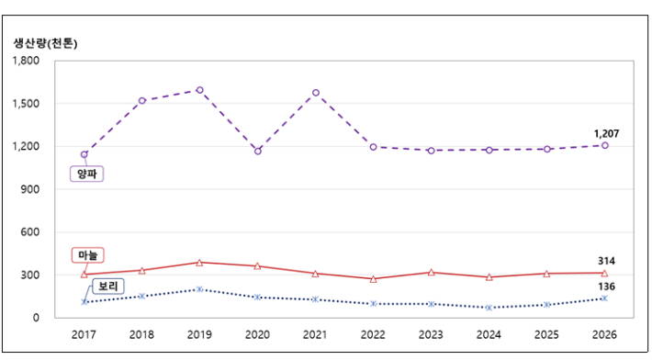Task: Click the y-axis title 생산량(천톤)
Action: point(45,43)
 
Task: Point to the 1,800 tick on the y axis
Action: point(26,61)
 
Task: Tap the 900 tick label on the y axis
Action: point(29,189)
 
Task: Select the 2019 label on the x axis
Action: point(199,334)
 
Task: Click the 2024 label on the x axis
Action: point(489,334)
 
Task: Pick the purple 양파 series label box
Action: point(86,174)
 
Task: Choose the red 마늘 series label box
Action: point(88,255)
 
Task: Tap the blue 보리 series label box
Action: point(108,287)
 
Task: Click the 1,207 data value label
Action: point(606,134)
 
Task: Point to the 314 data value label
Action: point(606,261)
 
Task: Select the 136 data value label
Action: point(606,287)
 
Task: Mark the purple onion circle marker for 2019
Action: point(199,90)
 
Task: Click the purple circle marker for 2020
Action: point(258,152)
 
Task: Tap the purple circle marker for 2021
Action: point(316,93)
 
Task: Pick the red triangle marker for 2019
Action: point(199,263)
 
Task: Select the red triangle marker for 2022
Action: point(374,279)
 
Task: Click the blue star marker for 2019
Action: point(199,289)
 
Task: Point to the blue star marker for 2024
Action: point(489,308)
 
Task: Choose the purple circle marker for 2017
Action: point(84,154)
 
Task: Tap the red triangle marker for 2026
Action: point(604,273)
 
